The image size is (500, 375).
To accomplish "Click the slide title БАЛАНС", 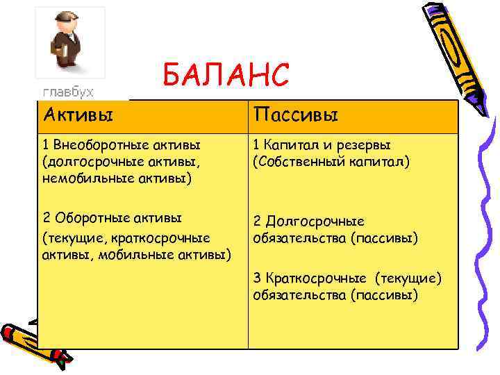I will pos(225,75).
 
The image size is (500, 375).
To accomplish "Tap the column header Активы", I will pos(77,112).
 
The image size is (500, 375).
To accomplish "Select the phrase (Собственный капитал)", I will pos(333,161).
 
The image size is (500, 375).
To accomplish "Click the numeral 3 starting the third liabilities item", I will pos(256,278).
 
